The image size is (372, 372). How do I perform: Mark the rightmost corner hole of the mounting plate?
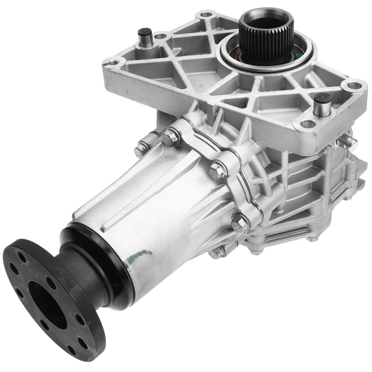click(353, 86)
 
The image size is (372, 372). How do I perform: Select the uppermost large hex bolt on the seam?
click(170, 138)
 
